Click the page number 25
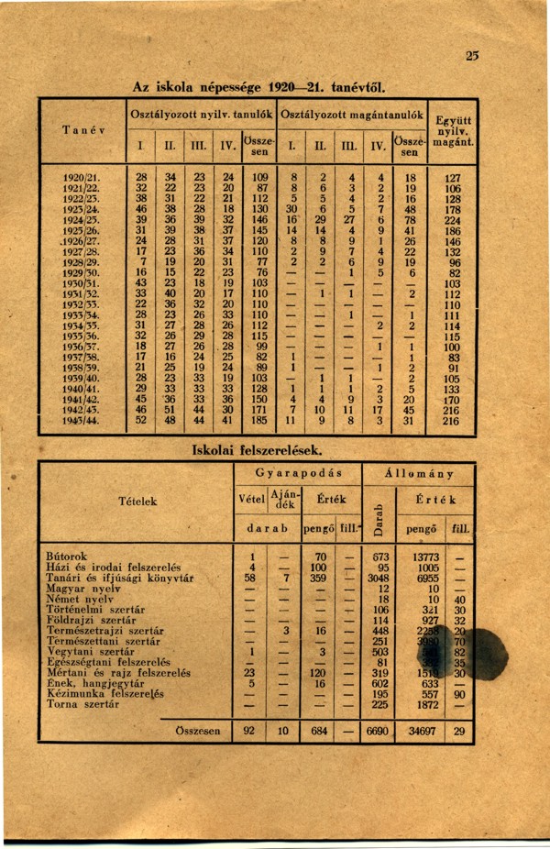pyautogui.click(x=472, y=56)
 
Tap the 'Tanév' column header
pyautogui.click(x=83, y=129)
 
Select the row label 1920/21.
pyautogui.click(x=83, y=177)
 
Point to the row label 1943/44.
pyautogui.click(x=83, y=420)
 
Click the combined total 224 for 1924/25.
pyautogui.click(x=452, y=220)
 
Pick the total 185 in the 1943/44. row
pyautogui.click(x=259, y=420)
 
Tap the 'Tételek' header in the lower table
pyautogui.click(x=138, y=501)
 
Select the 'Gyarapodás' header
pyautogui.click(x=298, y=473)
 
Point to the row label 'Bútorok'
pyautogui.click(x=67, y=556)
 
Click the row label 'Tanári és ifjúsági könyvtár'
pyautogui.click(x=119, y=579)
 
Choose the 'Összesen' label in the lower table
pyautogui.click(x=197, y=733)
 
